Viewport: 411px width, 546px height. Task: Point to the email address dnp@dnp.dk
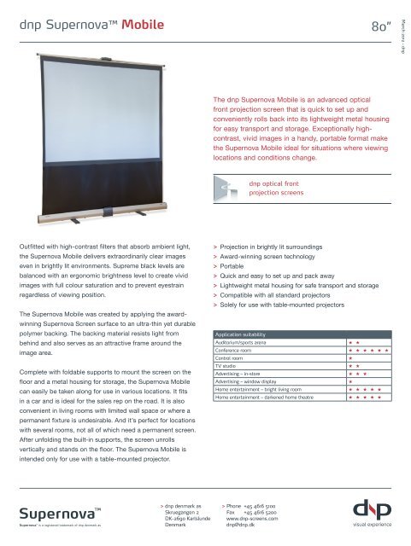click(x=244, y=526)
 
